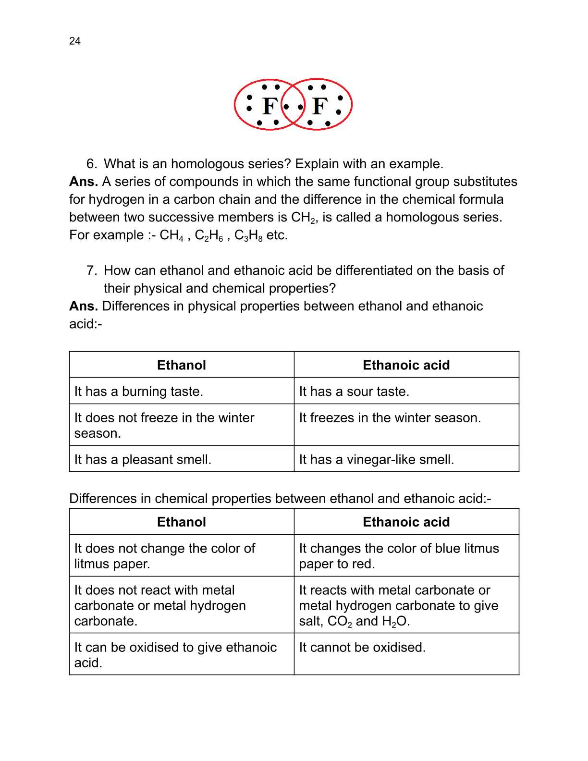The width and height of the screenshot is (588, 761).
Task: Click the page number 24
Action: point(75,41)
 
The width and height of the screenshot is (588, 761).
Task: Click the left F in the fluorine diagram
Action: point(269,106)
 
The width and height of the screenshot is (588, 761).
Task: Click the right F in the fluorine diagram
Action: point(319,106)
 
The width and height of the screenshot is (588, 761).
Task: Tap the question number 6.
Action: point(91,164)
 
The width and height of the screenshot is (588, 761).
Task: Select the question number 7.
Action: point(91,270)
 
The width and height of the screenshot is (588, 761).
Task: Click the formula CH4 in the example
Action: point(171,235)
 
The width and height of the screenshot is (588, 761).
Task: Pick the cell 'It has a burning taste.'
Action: point(139,392)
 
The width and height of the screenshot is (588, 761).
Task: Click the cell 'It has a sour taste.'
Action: point(354,392)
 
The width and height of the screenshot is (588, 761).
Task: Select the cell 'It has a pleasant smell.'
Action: point(143,460)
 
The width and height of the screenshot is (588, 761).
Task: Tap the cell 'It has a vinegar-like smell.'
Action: point(376,460)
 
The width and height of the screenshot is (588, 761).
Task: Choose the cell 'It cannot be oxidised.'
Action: point(362,648)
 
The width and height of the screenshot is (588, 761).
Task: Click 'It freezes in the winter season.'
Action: point(390,418)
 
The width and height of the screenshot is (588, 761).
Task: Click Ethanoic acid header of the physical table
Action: point(406,365)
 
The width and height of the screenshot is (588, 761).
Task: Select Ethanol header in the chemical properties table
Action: point(181,522)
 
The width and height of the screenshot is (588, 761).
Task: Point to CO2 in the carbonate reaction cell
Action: point(340,622)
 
